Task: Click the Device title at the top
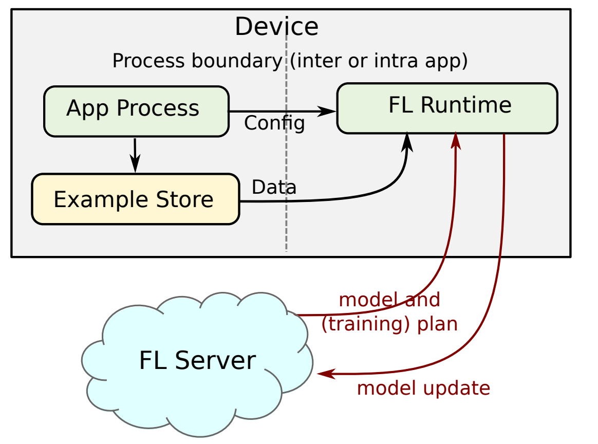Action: (x=276, y=27)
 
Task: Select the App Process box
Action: (x=136, y=111)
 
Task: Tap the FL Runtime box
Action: (x=447, y=108)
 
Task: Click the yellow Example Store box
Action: (x=136, y=199)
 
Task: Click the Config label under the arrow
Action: (x=274, y=123)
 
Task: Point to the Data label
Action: (x=274, y=188)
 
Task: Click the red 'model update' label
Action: (x=423, y=388)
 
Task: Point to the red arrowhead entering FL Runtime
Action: (x=456, y=139)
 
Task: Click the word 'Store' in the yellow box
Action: (x=187, y=199)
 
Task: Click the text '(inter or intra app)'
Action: (x=379, y=61)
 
